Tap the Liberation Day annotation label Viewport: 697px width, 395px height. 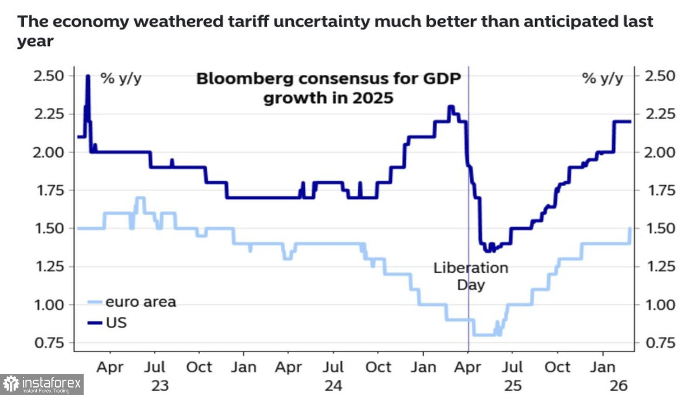(471, 276)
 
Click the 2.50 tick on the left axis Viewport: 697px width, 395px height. (49, 76)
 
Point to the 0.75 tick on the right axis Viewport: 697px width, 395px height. (660, 343)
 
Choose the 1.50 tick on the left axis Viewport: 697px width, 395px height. (49, 228)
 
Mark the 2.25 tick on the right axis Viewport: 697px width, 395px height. (660, 114)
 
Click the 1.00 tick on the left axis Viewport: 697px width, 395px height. (49, 305)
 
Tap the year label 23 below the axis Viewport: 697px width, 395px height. (160, 386)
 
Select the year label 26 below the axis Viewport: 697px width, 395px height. (618, 386)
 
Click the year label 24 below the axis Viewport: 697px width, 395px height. (333, 386)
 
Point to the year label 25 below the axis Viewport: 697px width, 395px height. (513, 386)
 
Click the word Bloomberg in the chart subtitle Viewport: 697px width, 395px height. (244, 79)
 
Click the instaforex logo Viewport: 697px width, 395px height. (42, 384)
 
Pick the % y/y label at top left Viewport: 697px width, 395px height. (121, 78)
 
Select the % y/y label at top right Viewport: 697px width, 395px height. (602, 78)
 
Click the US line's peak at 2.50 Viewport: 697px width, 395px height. (88, 76)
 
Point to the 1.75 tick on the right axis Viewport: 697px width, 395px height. (660, 190)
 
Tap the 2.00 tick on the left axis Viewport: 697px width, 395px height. (49, 152)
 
